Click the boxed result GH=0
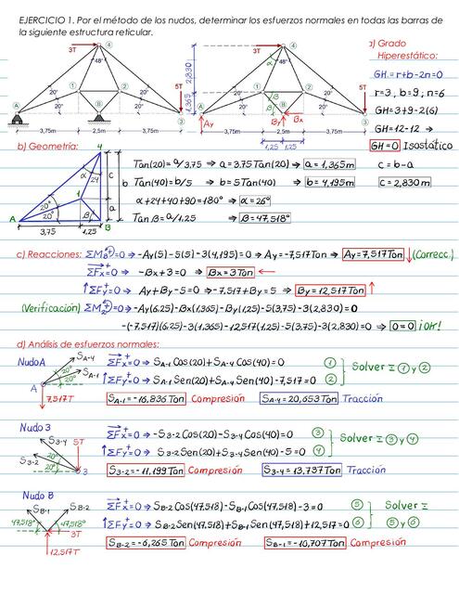click(390, 146)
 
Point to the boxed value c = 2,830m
click(407, 183)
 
